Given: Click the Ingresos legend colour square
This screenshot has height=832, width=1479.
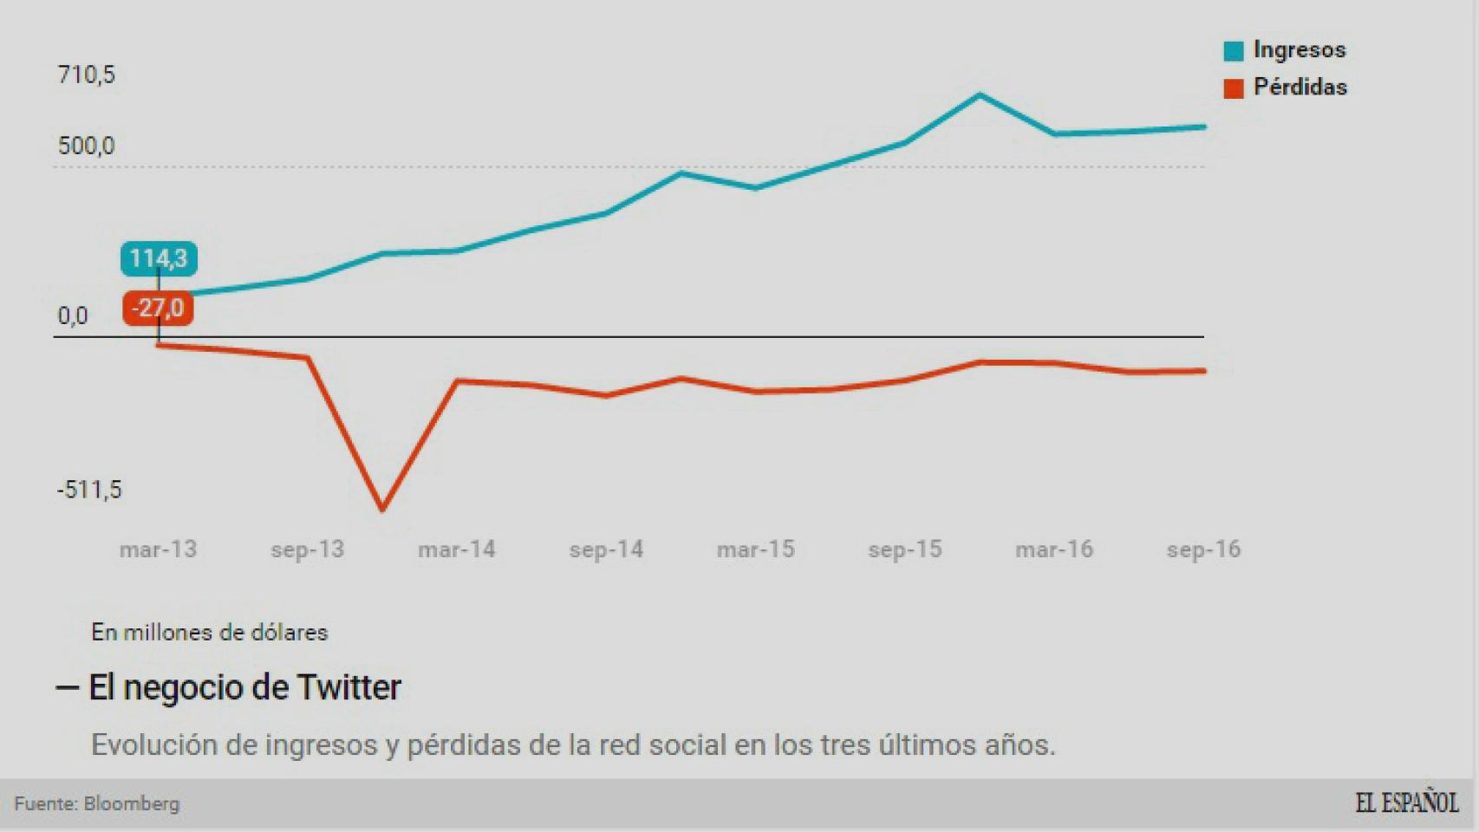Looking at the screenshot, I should [x=1233, y=51].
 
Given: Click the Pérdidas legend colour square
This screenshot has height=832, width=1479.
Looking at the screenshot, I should [x=1233, y=88].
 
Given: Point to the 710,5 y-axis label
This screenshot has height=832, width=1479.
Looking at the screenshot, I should [x=86, y=75].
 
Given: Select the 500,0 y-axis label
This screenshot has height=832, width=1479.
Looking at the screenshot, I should [x=86, y=146].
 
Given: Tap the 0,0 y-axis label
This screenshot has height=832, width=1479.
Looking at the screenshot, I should [x=73, y=316].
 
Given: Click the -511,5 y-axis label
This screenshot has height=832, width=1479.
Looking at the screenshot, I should [x=89, y=490].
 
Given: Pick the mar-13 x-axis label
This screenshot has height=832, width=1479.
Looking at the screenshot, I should [x=158, y=549].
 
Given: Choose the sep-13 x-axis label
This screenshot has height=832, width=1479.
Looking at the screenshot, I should [x=307, y=549].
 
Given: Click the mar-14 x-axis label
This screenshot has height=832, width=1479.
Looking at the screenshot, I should [x=456, y=549].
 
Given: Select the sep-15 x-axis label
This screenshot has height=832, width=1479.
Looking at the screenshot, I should [x=904, y=549].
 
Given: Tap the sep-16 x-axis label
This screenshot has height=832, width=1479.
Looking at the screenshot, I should [x=1203, y=549].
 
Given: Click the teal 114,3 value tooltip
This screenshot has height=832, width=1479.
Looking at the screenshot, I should [x=159, y=258].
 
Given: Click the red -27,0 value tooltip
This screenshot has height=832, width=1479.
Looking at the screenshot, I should [x=158, y=309].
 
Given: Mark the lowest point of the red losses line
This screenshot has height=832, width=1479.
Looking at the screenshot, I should [x=382, y=509].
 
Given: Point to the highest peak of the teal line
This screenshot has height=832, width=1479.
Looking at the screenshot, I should [x=980, y=94].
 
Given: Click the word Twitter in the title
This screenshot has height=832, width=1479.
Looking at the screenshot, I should [x=349, y=687].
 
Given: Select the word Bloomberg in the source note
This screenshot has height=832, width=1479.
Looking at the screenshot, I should [x=132, y=803].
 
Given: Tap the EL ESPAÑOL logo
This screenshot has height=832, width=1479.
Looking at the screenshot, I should [x=1406, y=803].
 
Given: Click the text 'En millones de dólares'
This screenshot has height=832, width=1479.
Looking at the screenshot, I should [x=210, y=632].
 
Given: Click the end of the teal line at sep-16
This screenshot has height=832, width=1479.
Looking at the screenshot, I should [x=1204, y=127].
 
